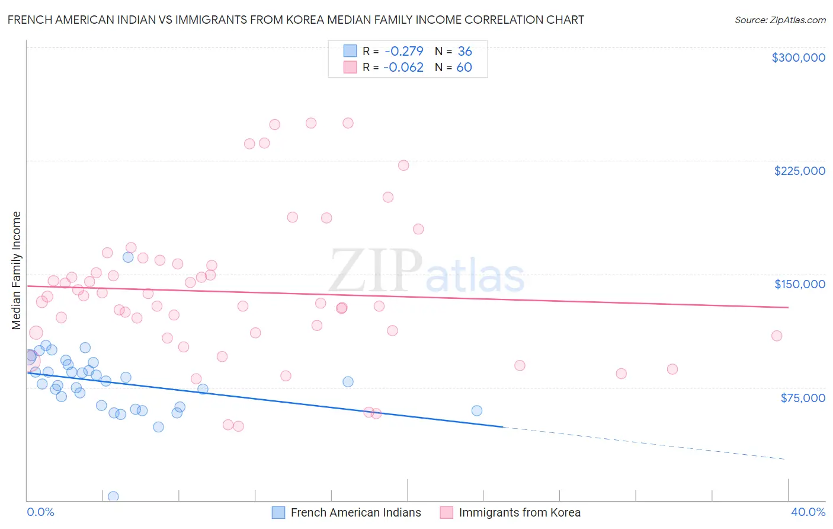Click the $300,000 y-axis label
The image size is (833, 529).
point(798,58)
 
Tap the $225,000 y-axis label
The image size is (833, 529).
point(799,171)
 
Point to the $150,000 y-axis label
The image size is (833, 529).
point(799,284)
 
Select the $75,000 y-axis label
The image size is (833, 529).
point(802,398)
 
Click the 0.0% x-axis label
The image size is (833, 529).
point(40,512)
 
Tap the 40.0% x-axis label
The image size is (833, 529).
point(808,512)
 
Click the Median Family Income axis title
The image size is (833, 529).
point(16,270)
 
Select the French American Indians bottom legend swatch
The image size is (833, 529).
point(278,512)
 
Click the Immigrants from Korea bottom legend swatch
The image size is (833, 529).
point(446,512)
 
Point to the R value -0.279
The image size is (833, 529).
point(403,51)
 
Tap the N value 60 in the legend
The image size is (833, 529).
point(464,67)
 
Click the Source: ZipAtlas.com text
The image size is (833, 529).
point(780,20)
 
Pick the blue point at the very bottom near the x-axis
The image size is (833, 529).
point(113,496)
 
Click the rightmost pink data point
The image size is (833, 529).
point(777,336)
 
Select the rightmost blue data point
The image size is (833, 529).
point(477,410)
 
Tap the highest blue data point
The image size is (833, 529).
point(128,257)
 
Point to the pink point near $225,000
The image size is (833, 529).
point(403,165)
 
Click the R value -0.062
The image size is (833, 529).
point(403,67)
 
